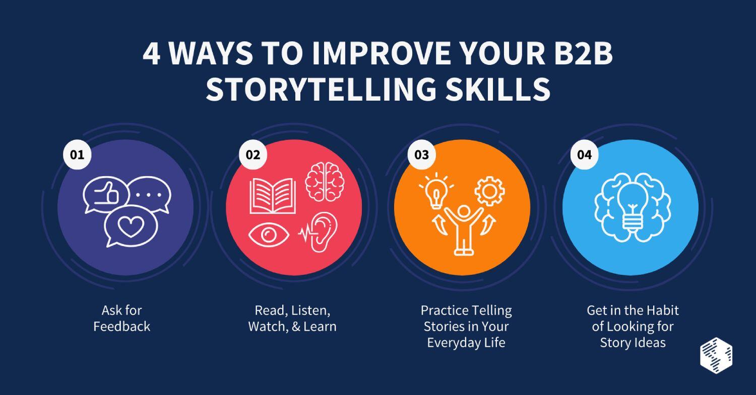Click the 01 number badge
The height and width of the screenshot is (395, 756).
(x=77, y=155)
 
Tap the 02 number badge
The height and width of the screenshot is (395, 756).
(x=253, y=155)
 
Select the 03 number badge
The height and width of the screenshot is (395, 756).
(x=422, y=155)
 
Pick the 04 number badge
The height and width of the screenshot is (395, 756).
(x=584, y=155)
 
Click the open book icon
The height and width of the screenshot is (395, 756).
(x=273, y=196)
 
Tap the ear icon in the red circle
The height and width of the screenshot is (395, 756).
(x=320, y=232)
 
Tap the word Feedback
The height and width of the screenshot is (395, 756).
(x=122, y=327)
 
